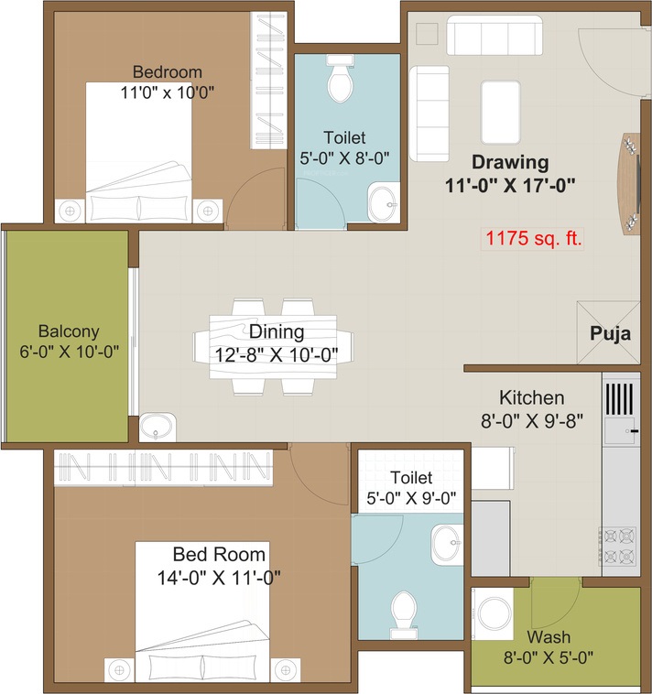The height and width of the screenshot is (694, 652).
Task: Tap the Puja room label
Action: [x=609, y=333]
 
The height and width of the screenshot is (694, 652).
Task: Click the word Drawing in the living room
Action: [x=510, y=163]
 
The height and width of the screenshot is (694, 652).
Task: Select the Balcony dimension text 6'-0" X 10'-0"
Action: [x=69, y=351]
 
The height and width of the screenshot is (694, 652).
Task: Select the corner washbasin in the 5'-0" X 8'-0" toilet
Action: [x=383, y=203]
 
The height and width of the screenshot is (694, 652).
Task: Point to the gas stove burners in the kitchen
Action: [x=620, y=546]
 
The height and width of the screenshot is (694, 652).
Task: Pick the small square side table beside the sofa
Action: [x=426, y=33]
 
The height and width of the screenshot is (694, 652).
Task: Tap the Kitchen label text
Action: [x=531, y=398]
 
